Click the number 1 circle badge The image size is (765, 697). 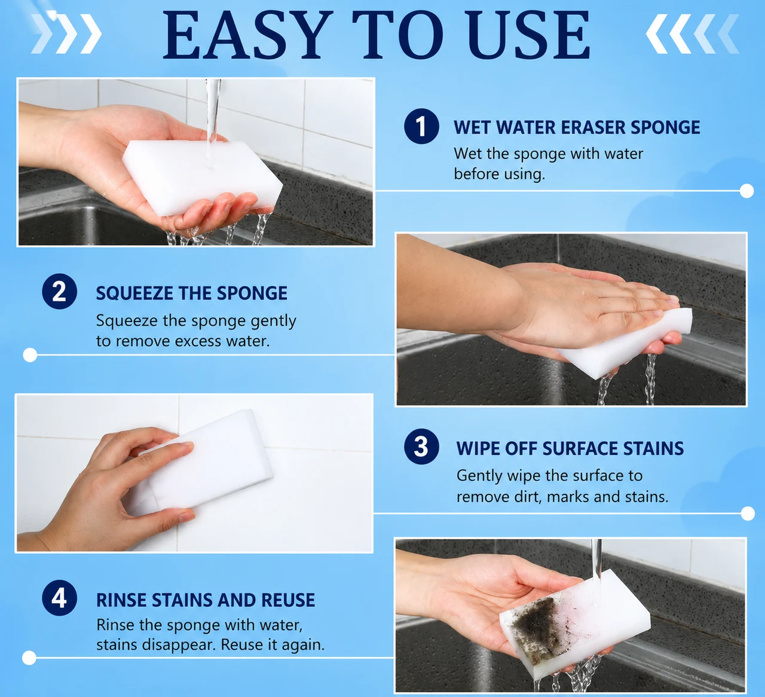(421, 126)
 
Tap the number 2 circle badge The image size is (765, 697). (59, 291)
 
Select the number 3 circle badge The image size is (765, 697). (421, 447)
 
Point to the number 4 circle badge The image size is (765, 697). (59, 598)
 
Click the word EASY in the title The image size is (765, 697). (247, 35)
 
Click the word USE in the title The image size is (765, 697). (528, 35)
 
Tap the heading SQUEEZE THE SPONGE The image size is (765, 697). (191, 293)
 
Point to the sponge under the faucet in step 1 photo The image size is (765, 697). (202, 176)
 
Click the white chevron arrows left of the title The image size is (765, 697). (66, 33)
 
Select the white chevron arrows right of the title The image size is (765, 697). (692, 33)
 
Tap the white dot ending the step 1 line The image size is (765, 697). (746, 191)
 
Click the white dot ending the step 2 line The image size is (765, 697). (30, 355)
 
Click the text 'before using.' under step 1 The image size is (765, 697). (499, 174)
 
